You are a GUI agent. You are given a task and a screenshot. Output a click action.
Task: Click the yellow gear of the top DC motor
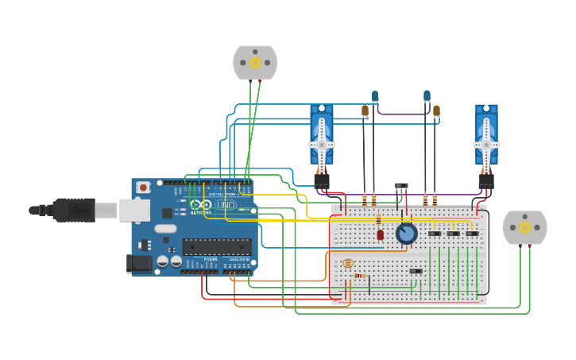(255, 63)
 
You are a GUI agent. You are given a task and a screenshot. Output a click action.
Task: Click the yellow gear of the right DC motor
(524, 228)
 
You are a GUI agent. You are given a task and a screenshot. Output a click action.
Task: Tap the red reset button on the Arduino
(143, 188)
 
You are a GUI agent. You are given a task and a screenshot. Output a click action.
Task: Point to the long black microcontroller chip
(217, 246)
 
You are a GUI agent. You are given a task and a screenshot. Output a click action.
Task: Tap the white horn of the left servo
(321, 145)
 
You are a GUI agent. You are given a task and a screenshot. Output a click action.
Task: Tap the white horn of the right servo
(486, 145)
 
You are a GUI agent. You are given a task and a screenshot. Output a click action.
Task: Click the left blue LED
(375, 96)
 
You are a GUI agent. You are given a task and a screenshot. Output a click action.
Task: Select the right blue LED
(427, 96)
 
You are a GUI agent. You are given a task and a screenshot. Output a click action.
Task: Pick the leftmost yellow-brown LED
(365, 110)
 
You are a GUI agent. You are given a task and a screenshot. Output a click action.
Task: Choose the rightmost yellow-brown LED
(436, 110)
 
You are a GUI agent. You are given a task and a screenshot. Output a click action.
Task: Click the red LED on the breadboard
(381, 234)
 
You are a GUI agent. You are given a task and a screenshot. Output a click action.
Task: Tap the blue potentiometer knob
(407, 233)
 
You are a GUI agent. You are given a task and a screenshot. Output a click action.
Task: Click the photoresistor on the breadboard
(347, 263)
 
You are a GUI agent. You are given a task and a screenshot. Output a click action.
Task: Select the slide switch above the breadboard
(401, 186)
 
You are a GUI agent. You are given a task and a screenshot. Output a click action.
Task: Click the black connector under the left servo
(321, 181)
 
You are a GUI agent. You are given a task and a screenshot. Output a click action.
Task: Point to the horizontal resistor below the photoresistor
(360, 276)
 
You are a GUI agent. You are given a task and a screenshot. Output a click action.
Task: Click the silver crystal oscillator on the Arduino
(165, 229)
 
